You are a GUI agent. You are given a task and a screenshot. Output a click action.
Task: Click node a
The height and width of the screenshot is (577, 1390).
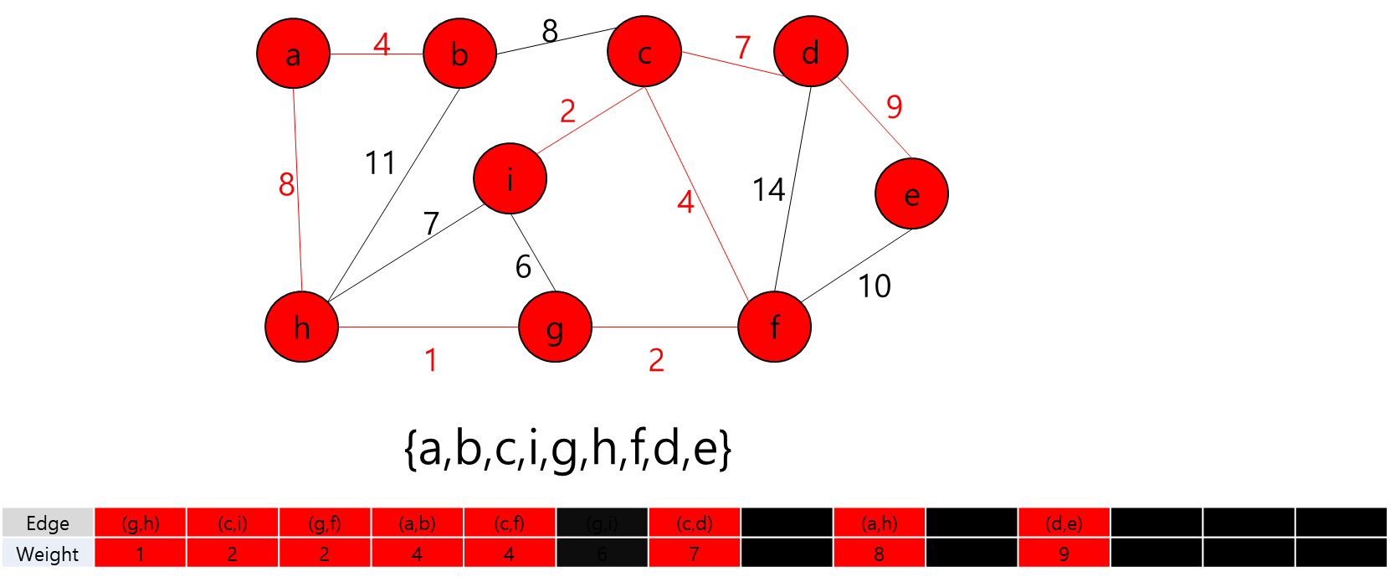(293, 54)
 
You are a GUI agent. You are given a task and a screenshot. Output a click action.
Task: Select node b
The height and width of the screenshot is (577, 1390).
(459, 54)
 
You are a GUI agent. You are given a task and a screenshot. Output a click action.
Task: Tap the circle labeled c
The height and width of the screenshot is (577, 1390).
(644, 52)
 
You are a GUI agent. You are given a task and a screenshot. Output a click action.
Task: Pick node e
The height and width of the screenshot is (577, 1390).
(911, 193)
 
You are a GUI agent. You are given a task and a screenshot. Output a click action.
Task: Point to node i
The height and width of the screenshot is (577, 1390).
(510, 178)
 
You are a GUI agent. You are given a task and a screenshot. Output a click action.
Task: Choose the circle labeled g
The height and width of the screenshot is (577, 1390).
(555, 327)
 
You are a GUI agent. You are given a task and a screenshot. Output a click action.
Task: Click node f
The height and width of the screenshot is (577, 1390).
(774, 327)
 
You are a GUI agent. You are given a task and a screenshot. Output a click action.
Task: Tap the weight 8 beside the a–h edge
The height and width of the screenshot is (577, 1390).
(286, 184)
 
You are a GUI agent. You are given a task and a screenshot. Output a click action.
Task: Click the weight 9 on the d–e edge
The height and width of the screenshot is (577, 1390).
(894, 106)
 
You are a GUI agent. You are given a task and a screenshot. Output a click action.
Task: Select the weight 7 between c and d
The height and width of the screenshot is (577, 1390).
(742, 47)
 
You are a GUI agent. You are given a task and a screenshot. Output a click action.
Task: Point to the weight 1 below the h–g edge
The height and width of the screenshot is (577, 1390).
(431, 360)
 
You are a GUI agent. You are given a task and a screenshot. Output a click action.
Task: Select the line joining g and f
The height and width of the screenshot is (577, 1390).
(665, 327)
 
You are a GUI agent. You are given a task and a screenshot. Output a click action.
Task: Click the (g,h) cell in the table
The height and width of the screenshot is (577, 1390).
(140, 523)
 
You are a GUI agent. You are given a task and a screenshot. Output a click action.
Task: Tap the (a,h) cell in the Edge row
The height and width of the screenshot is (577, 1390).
(879, 523)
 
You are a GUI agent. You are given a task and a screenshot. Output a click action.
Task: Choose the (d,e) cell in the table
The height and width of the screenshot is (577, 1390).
(1064, 523)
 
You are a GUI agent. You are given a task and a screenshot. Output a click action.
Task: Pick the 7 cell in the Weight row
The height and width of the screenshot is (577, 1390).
(694, 554)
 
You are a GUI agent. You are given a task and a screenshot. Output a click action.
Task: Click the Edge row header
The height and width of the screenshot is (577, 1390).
(48, 523)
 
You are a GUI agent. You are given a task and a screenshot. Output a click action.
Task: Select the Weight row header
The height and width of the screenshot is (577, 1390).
(48, 554)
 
